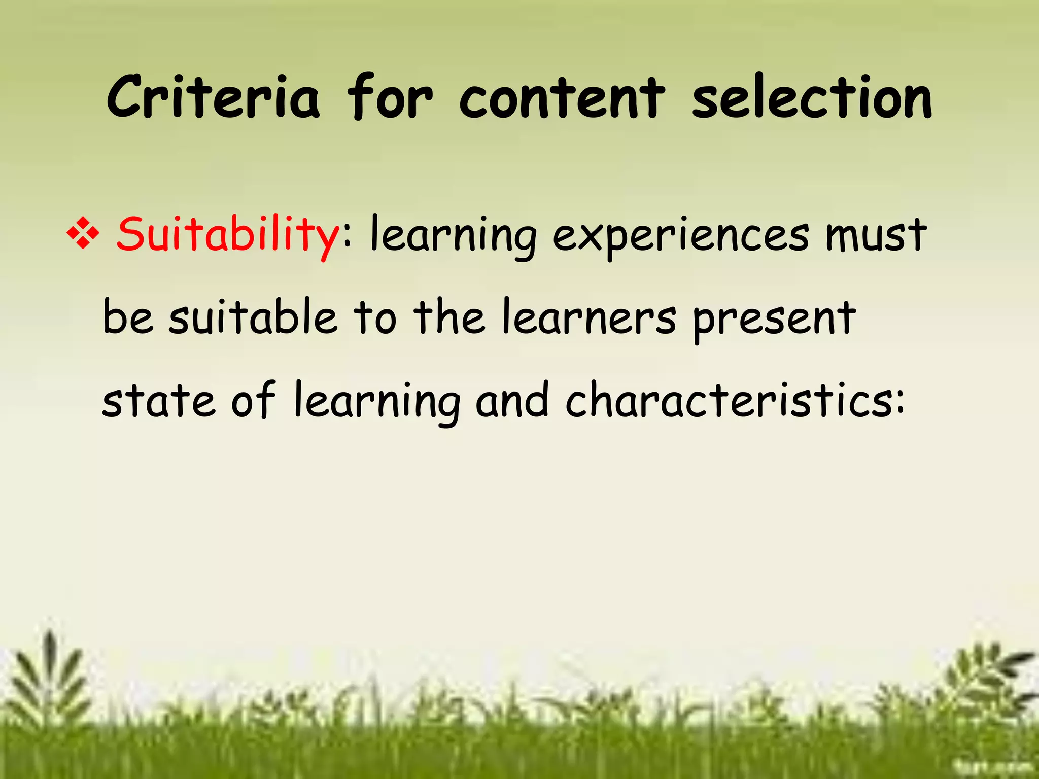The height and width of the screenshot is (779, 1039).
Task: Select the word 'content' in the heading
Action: [x=562, y=97]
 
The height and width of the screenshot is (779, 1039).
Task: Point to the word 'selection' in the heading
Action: [x=812, y=97]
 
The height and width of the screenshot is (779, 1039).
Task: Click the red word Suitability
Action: [x=228, y=235]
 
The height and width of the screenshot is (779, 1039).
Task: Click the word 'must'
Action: [x=876, y=235]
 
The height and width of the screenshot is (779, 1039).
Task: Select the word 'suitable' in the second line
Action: [x=253, y=318]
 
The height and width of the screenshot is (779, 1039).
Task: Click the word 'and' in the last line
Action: [x=512, y=401]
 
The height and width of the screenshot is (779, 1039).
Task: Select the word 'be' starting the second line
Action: [x=127, y=318]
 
